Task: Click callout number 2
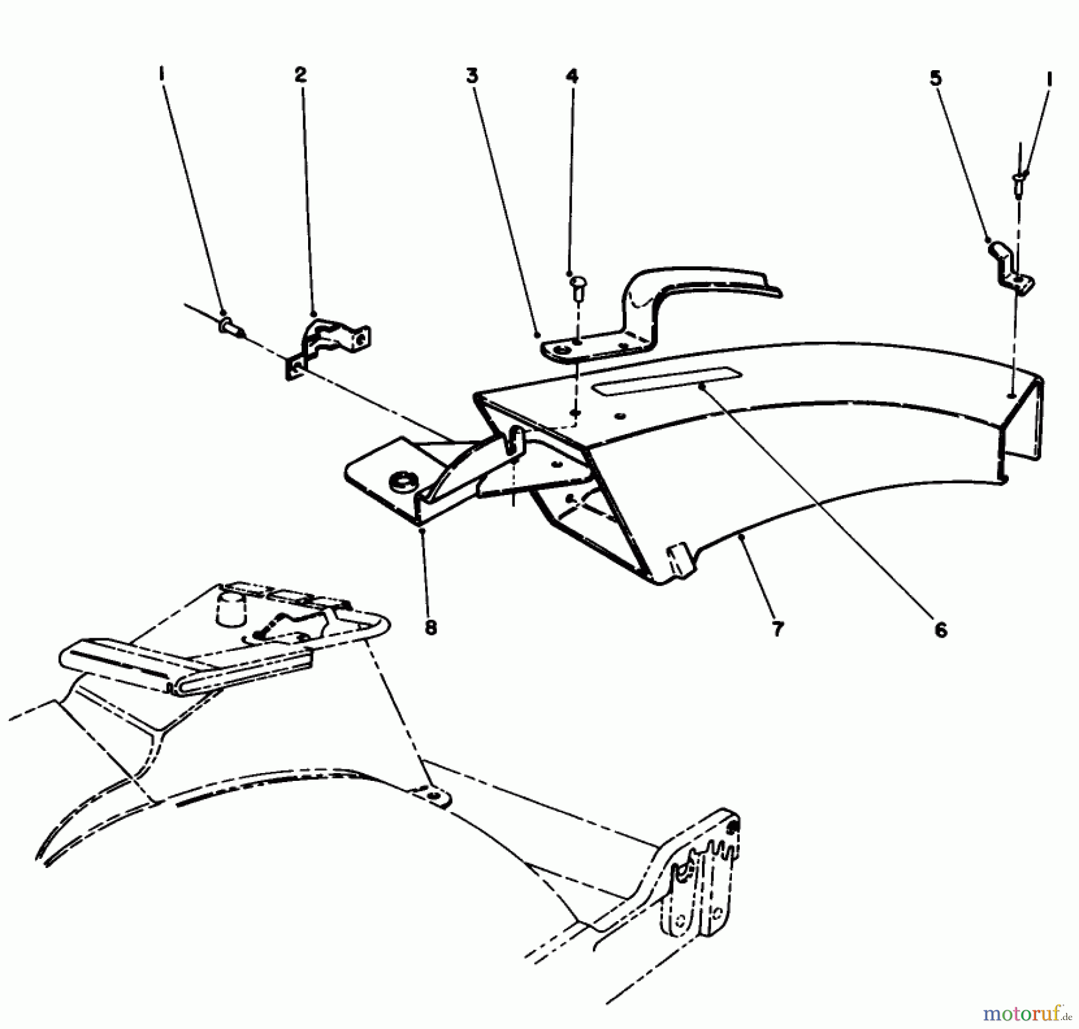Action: [x=300, y=75]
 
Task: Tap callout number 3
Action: [x=473, y=77]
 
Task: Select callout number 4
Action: [x=572, y=77]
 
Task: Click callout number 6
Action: [x=941, y=630]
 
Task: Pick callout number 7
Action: [x=777, y=629]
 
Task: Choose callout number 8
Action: [x=431, y=627]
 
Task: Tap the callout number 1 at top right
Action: [x=1049, y=80]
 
